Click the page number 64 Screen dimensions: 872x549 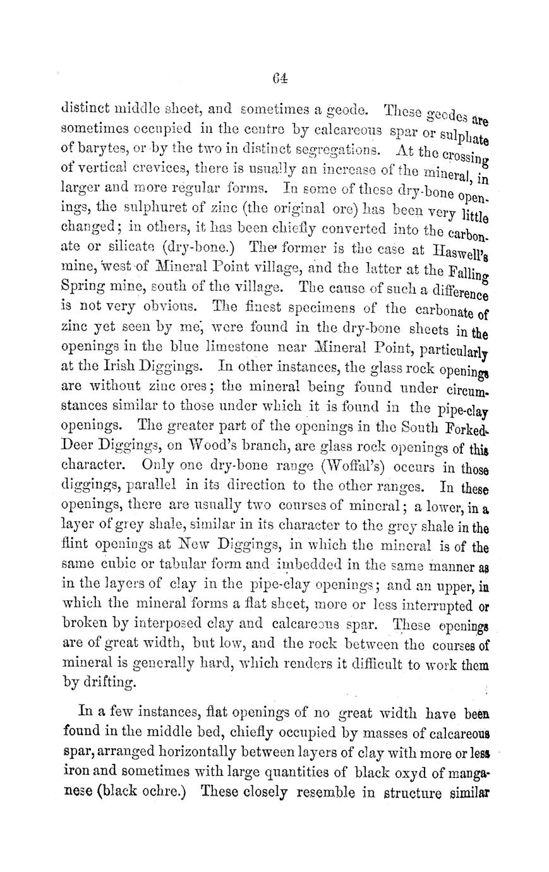coord(281,79)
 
